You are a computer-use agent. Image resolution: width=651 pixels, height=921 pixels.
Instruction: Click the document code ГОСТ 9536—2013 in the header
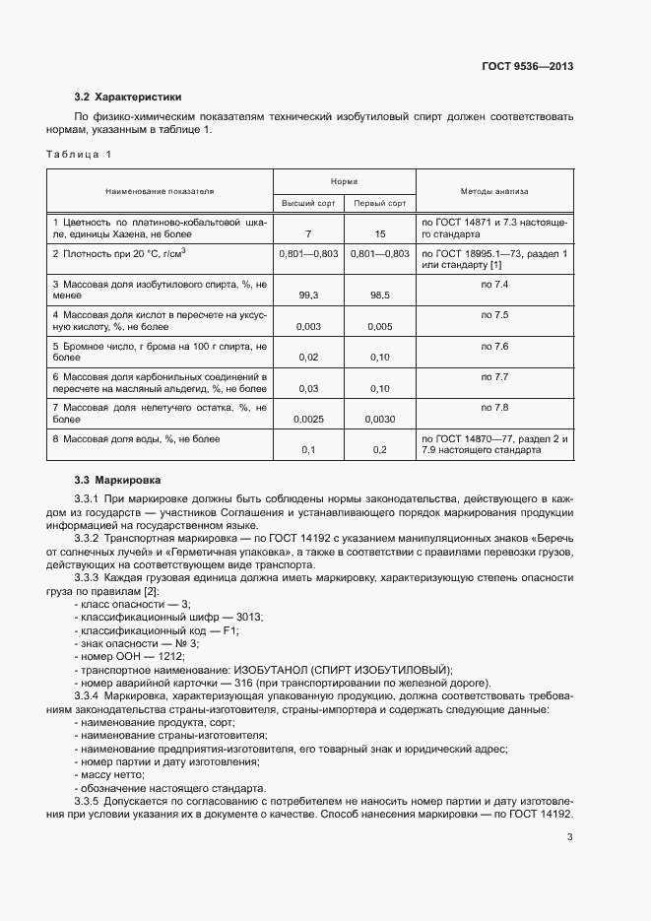pyautogui.click(x=527, y=66)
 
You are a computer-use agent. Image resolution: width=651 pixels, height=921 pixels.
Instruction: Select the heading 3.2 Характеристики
pyautogui.click(x=128, y=97)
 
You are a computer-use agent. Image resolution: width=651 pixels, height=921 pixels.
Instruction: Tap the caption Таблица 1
pyautogui.click(x=79, y=154)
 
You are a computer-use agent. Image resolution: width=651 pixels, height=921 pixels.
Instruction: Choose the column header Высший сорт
pyautogui.click(x=309, y=203)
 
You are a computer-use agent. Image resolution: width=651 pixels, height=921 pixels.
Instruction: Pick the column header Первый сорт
pyautogui.click(x=379, y=203)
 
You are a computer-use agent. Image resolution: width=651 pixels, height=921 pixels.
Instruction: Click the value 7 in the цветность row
pyautogui.click(x=309, y=234)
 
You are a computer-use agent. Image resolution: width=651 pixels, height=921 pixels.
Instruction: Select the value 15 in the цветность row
pyautogui.click(x=380, y=234)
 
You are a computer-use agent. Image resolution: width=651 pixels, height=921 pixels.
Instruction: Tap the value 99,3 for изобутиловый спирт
pyautogui.click(x=309, y=295)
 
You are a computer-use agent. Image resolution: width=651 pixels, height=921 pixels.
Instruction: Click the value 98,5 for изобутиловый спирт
pyautogui.click(x=380, y=295)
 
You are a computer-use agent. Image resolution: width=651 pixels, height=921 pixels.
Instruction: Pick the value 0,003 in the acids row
pyautogui.click(x=309, y=326)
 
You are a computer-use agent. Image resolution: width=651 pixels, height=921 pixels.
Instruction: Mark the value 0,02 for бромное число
pyautogui.click(x=309, y=358)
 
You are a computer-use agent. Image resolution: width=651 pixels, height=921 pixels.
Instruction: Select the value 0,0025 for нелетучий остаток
pyautogui.click(x=309, y=419)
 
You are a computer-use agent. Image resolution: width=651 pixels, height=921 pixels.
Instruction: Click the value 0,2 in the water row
pyautogui.click(x=380, y=450)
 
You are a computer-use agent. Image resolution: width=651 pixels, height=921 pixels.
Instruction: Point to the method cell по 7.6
pyautogui.click(x=494, y=347)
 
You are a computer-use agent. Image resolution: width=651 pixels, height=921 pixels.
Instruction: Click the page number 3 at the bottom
pyautogui.click(x=570, y=837)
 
